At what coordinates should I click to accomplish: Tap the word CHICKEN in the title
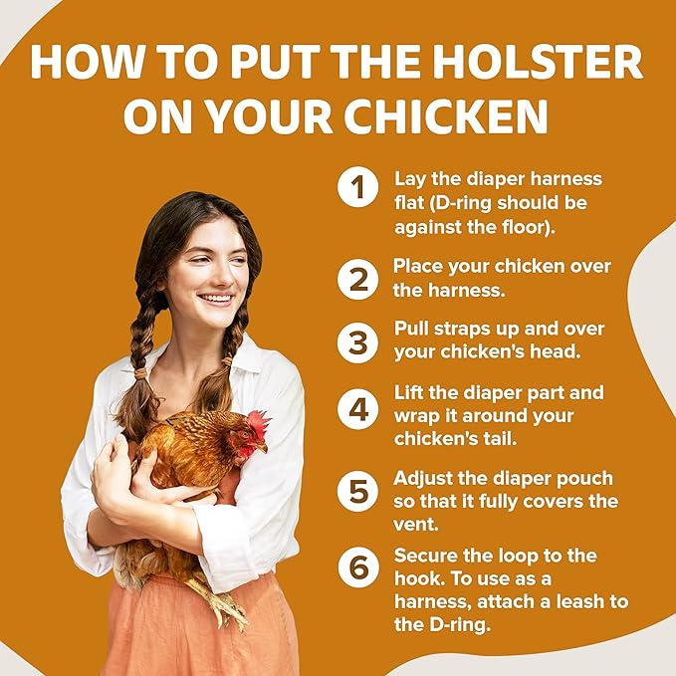(446, 115)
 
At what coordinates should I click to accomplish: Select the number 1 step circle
(357, 187)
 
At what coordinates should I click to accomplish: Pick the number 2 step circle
(357, 280)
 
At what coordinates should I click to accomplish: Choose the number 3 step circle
(357, 342)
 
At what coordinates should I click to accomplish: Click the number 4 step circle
(357, 409)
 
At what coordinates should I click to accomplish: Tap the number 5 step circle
(357, 491)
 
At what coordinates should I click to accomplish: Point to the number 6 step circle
(357, 566)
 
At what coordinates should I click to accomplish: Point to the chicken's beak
(262, 448)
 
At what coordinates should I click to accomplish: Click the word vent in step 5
(415, 525)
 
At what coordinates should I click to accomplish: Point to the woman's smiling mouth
(215, 299)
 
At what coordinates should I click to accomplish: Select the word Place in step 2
(418, 266)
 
